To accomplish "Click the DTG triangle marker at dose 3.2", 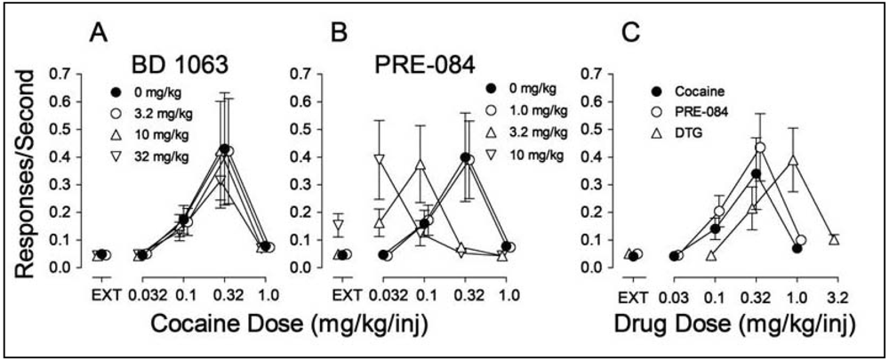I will tap(834, 240).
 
